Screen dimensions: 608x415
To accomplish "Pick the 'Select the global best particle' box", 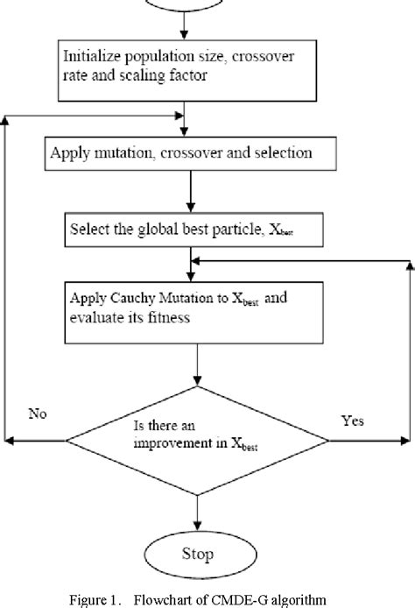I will tap(191, 233).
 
